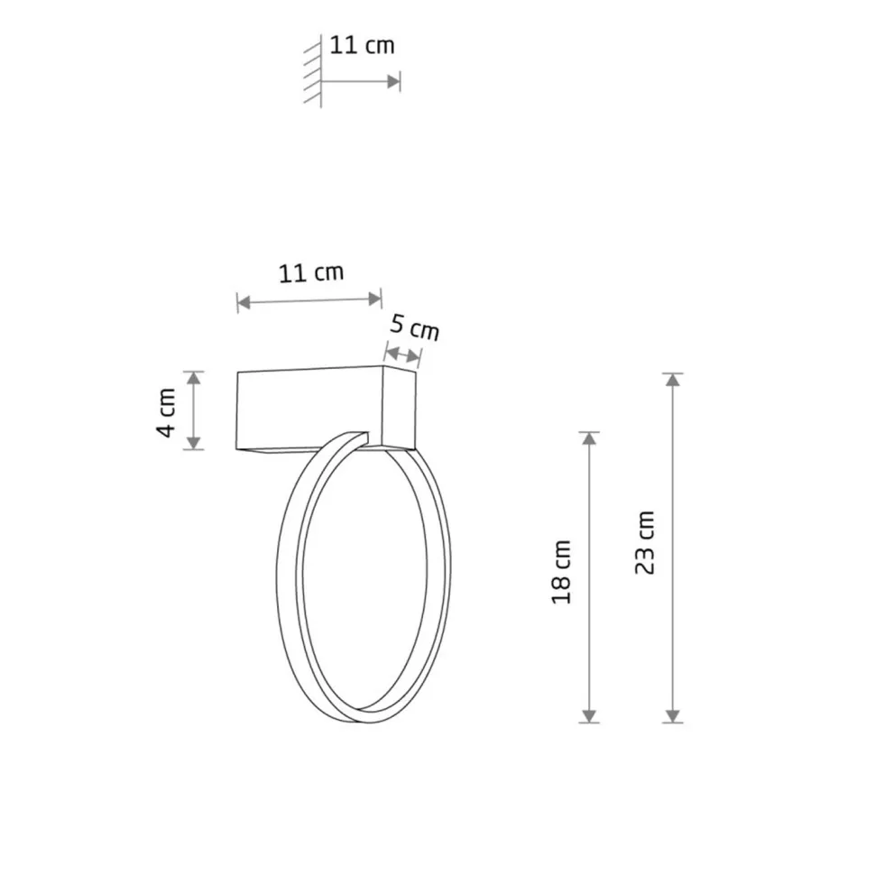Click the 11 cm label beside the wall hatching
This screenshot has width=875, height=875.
click(x=362, y=45)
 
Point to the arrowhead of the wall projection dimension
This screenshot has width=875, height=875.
click(x=393, y=81)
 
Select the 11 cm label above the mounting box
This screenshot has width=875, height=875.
click(x=310, y=273)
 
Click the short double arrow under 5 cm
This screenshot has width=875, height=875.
click(x=402, y=354)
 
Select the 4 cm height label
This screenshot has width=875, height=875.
click(x=167, y=412)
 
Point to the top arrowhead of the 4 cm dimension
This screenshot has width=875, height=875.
click(x=194, y=378)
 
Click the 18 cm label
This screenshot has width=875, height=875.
click(x=562, y=572)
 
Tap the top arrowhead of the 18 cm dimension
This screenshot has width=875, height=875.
click(x=588, y=438)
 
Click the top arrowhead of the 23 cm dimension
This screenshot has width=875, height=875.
click(x=672, y=380)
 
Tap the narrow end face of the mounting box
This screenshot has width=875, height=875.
click(x=401, y=410)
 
